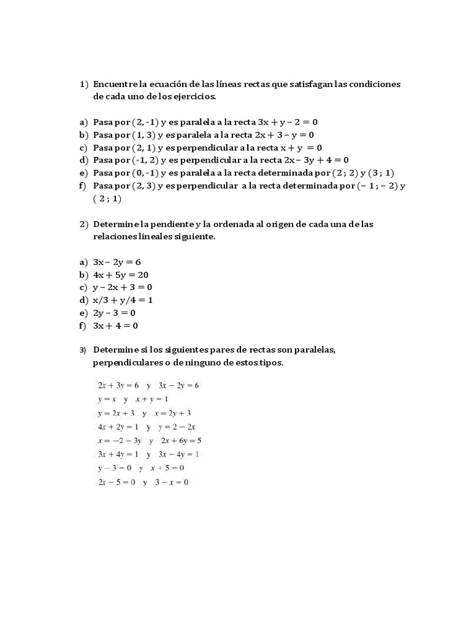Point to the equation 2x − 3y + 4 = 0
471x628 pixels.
[x=311, y=160]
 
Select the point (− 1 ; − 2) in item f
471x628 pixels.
[x=377, y=186]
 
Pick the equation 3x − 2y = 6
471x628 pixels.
[x=117, y=262]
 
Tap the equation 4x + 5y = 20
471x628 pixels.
[x=121, y=275]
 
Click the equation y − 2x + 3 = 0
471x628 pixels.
[x=122, y=288]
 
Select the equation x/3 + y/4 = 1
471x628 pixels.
[x=123, y=301]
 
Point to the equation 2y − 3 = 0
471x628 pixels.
[x=114, y=313]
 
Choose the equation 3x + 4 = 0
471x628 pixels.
[x=115, y=326]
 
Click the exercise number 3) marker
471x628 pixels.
[x=83, y=350]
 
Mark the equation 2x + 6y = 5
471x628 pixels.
[x=181, y=440]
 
